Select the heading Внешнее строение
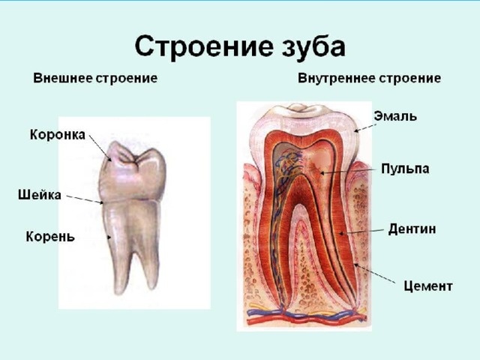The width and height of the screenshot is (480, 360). [94, 78]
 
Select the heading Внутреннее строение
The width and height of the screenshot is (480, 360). [369, 78]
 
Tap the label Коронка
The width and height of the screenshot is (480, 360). [58, 136]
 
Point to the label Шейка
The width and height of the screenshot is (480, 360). [40, 196]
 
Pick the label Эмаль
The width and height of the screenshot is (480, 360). [395, 116]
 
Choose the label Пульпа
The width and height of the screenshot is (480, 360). [405, 169]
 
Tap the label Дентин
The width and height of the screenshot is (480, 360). [412, 228]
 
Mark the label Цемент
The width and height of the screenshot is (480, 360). [427, 285]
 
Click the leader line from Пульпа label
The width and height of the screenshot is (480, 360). [348, 171]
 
